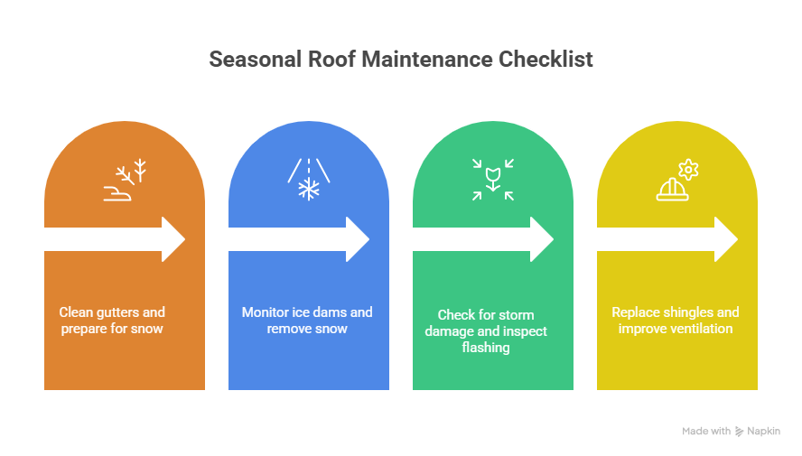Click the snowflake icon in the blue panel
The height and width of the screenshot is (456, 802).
point(310,190)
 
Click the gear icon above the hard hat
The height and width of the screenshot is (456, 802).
point(689,169)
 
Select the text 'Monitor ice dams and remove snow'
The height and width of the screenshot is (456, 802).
point(307,321)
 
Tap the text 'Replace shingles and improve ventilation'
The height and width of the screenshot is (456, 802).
point(675,321)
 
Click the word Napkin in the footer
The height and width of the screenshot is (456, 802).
point(764,432)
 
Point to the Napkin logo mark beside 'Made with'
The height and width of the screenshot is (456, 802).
point(740,432)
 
